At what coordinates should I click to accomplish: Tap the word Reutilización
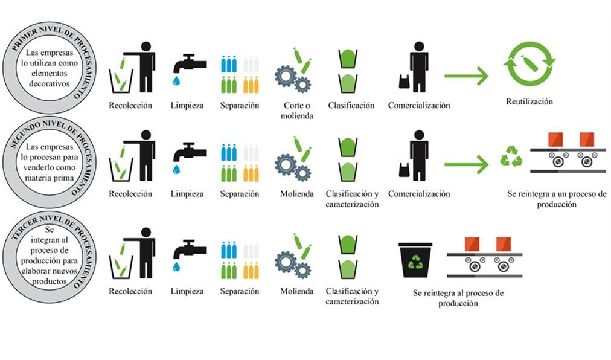coord(529,101)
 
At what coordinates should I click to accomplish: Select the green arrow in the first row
coord(466,76)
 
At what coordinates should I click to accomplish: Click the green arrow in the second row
coord(466,164)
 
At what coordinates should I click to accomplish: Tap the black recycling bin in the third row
coord(416,260)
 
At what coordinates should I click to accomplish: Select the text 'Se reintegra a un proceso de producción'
coord(556,199)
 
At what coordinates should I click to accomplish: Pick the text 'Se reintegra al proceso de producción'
coord(458,298)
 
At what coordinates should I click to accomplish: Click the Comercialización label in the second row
coord(419,194)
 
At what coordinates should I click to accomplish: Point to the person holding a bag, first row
coord(417,66)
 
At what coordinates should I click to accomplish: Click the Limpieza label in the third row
coord(187,291)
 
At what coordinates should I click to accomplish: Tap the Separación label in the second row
coord(240,194)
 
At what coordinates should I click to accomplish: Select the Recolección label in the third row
coord(130,291)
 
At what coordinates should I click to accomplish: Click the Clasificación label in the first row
coord(351,105)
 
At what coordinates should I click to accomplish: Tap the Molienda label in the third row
coord(296,291)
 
